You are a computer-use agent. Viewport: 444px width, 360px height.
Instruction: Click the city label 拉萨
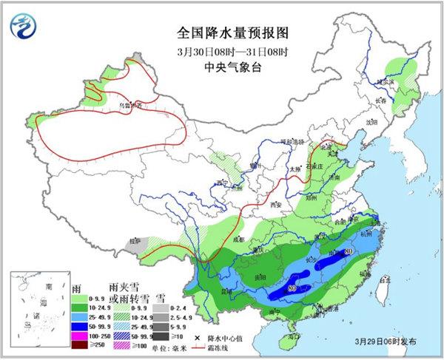click(134, 241)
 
